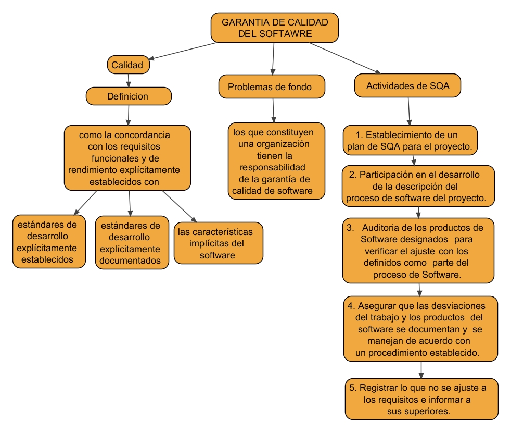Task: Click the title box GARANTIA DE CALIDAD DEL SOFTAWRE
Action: [x=275, y=28]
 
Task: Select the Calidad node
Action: [x=127, y=66]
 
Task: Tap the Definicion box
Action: [x=128, y=96]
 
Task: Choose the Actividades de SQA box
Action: [x=408, y=86]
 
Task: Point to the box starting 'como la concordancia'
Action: [x=127, y=158]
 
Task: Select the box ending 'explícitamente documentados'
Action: [x=132, y=242]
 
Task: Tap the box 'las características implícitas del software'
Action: [x=218, y=243]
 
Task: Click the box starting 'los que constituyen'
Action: [x=276, y=160]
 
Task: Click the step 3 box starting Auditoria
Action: [x=418, y=251]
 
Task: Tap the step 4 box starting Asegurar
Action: [x=420, y=329]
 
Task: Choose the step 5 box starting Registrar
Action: [x=421, y=399]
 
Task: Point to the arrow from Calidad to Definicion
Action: [x=128, y=80]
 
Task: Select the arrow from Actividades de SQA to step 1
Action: [x=410, y=111]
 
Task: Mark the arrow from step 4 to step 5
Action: [x=421, y=369]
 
